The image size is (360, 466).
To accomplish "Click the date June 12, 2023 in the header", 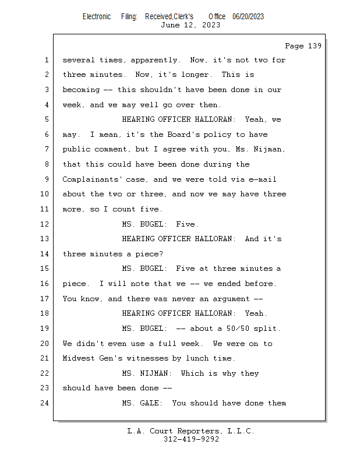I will coord(190,25).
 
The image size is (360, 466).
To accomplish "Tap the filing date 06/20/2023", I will coord(248,17).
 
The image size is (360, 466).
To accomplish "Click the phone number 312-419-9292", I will coord(191,439).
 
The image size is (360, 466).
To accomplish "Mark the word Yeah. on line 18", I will coord(256,313).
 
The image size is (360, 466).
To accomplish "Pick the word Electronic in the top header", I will coord(97,17).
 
